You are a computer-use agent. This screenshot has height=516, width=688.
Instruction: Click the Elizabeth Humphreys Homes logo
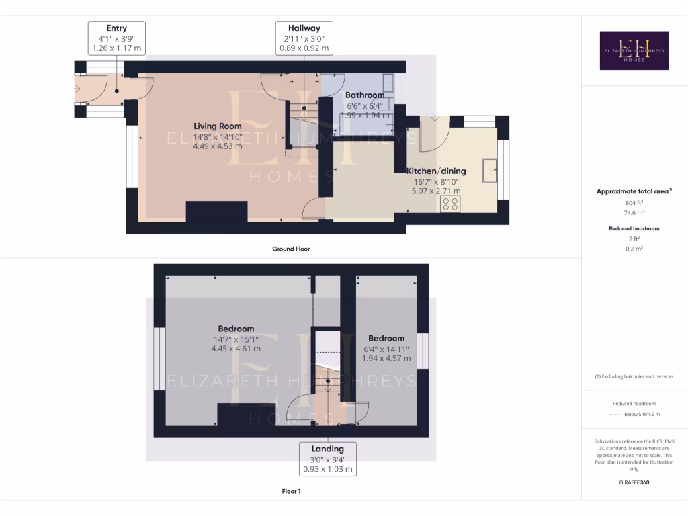point(634,50)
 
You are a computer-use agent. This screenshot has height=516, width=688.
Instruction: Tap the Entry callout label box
point(116,38)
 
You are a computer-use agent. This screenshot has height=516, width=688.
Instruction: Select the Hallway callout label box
point(304,38)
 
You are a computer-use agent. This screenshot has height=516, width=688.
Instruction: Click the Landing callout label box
point(327,459)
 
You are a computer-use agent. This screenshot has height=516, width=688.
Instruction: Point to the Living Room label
point(218,126)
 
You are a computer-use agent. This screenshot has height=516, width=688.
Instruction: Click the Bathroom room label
point(365,95)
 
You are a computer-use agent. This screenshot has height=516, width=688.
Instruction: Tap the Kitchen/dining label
point(436,171)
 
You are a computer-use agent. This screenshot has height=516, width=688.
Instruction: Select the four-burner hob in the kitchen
point(451,204)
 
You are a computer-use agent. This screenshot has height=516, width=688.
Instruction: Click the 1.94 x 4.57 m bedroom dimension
point(386,358)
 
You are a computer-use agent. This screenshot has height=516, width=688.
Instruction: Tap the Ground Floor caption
point(291,249)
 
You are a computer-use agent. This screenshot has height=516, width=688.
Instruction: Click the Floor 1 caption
point(291,491)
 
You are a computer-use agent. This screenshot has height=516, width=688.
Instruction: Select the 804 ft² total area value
point(634,202)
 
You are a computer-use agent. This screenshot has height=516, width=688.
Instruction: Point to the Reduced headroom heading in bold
point(634,228)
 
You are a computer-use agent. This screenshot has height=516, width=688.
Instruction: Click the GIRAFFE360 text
point(634,482)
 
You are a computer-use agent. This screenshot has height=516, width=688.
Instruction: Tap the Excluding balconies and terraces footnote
point(634,376)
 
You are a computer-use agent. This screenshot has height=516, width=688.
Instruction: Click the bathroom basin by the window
point(389,83)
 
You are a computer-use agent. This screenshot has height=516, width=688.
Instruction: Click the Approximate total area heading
point(634,191)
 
